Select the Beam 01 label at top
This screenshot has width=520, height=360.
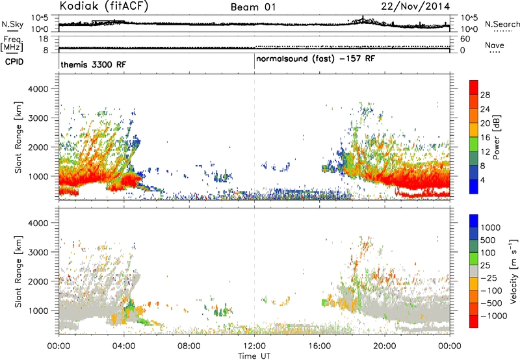[x=253, y=7]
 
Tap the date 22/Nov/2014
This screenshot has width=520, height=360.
[x=415, y=6]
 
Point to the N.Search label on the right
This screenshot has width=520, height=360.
[x=502, y=24]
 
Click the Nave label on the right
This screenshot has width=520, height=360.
[x=494, y=45]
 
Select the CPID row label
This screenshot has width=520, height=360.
[x=14, y=62]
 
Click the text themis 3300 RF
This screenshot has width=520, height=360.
[x=93, y=64]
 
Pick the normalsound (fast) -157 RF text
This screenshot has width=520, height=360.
[x=315, y=59]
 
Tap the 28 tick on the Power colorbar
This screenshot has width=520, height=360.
[x=485, y=95]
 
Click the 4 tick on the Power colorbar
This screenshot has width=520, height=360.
[x=483, y=180]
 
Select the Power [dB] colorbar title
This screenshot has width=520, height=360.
[x=497, y=137]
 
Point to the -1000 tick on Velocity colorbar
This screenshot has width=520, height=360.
[x=494, y=316]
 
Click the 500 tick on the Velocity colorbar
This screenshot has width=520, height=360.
[x=488, y=240]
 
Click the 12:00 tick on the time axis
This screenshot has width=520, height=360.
[x=254, y=346]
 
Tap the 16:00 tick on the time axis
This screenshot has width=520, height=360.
[x=319, y=346]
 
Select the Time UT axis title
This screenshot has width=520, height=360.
[x=254, y=356]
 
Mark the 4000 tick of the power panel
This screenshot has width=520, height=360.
[x=38, y=89]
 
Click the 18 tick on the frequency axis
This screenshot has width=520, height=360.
[x=44, y=39]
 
